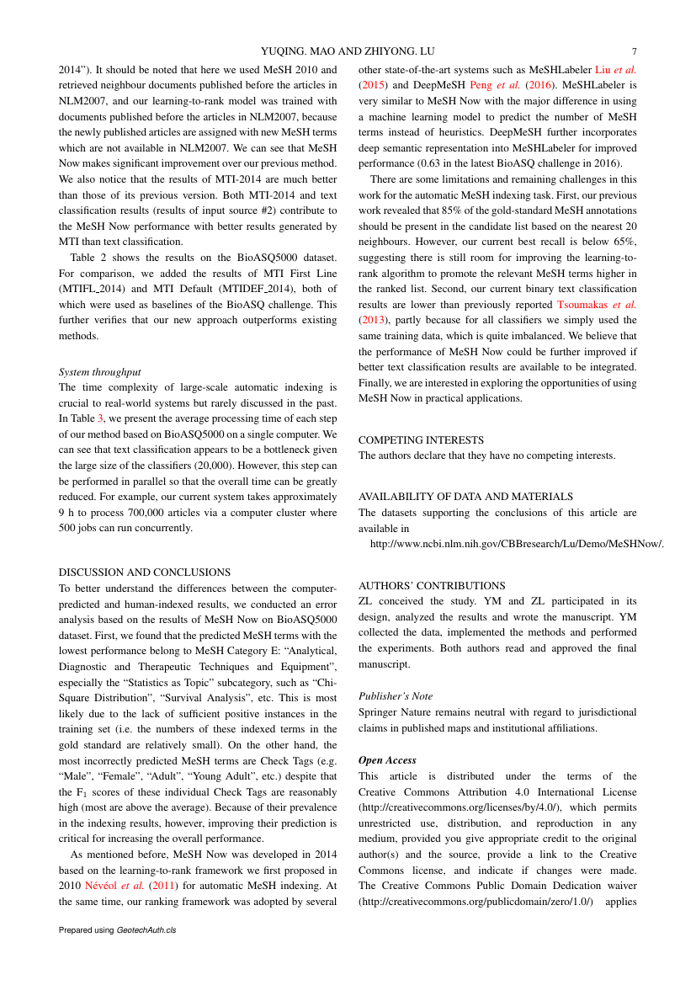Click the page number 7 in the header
coord(633,51)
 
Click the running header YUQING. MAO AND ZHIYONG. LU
coord(348,51)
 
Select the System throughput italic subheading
coord(99,371)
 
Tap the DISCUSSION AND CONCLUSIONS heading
coord(145,572)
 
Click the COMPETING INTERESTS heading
coord(421,439)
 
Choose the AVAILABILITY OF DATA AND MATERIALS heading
coord(465,497)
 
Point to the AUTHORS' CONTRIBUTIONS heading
coord(432,585)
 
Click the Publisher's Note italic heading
coord(395,696)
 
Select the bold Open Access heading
coord(387,760)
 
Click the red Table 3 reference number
coord(101,418)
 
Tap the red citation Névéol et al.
coord(114,885)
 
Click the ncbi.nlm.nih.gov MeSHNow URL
coord(517,544)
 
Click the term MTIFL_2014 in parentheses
coord(93,289)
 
